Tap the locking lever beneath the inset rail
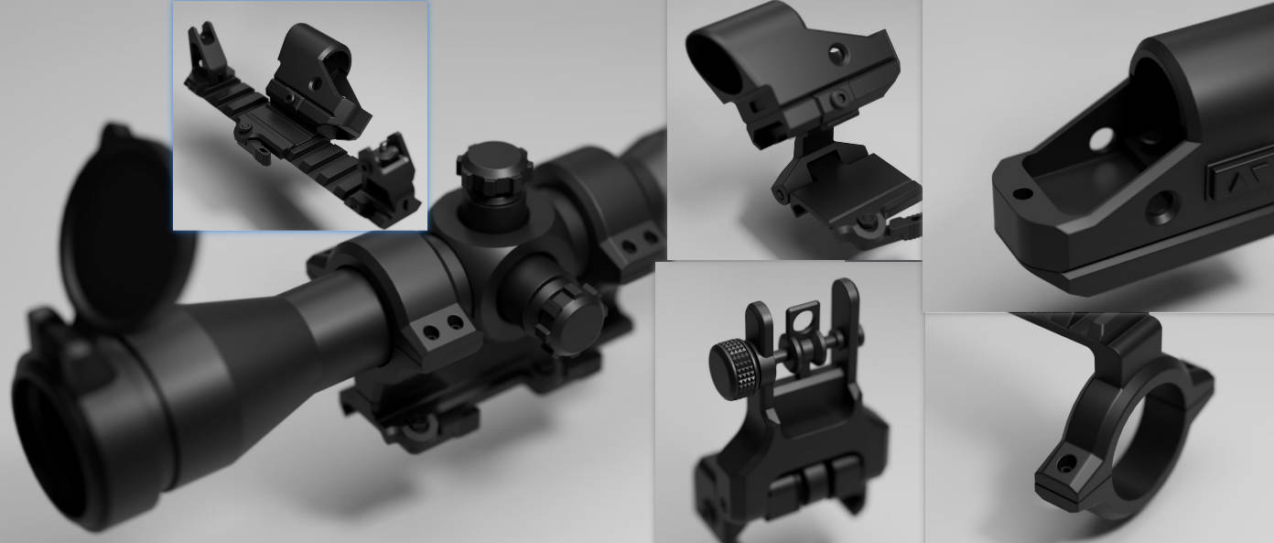click(252, 147)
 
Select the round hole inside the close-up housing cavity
click(1101, 138)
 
